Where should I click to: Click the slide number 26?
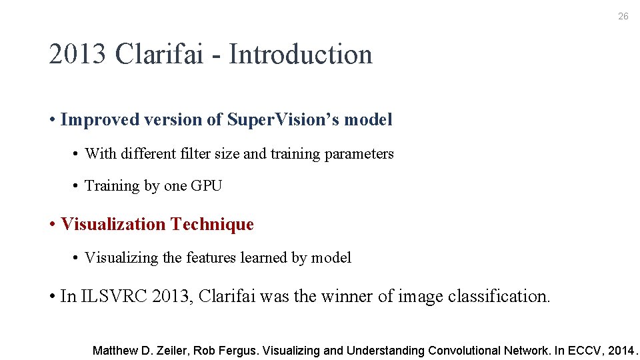623,16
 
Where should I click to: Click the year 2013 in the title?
77,55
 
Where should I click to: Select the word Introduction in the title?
301,55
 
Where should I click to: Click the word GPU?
206,186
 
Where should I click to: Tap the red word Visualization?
113,225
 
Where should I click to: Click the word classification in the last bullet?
499,296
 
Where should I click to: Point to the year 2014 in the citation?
620,351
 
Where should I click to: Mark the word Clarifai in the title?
159,55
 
